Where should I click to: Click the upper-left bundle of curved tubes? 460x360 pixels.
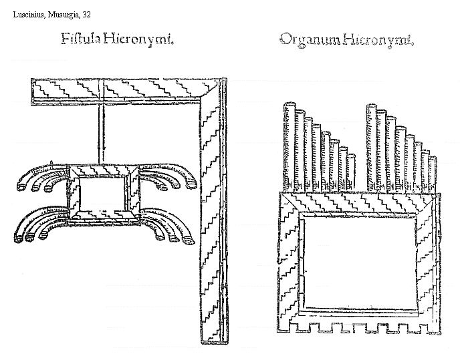tap(41, 178)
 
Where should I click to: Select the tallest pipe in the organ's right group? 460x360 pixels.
tap(372, 147)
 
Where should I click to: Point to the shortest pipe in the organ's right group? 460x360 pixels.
tap(433, 176)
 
